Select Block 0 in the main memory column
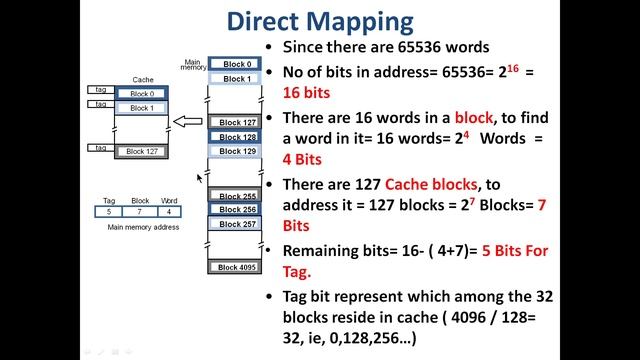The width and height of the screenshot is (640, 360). click(x=237, y=64)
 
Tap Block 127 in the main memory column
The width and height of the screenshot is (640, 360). click(x=237, y=123)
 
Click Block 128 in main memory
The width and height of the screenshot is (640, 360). click(x=237, y=137)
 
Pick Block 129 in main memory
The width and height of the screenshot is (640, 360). click(x=237, y=151)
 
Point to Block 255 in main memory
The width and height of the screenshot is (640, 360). click(x=237, y=197)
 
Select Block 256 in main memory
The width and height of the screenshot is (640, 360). click(x=237, y=210)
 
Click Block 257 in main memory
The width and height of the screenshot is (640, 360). click(x=237, y=224)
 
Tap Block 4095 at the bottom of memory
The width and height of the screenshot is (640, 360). click(x=237, y=267)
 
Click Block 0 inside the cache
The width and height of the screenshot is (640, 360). click(x=141, y=94)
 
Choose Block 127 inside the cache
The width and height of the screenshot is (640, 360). click(x=141, y=151)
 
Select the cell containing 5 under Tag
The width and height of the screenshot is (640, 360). click(x=108, y=211)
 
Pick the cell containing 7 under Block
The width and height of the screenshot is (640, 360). click(x=140, y=211)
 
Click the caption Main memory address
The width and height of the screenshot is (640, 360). click(x=140, y=227)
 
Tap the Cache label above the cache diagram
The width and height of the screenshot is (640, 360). click(x=142, y=80)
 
